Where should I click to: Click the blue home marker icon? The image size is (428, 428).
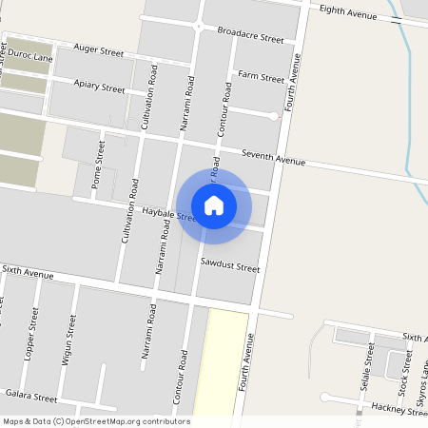point(214,204)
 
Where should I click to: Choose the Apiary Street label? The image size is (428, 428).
point(99,87)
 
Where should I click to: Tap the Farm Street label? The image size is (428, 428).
point(261,76)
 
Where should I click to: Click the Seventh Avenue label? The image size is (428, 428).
point(273,158)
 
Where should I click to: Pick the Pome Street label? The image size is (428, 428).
point(97,165)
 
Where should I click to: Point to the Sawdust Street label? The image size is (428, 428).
point(229,263)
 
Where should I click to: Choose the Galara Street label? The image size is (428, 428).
point(31,395)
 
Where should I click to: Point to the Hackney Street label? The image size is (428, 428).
point(399,409)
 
